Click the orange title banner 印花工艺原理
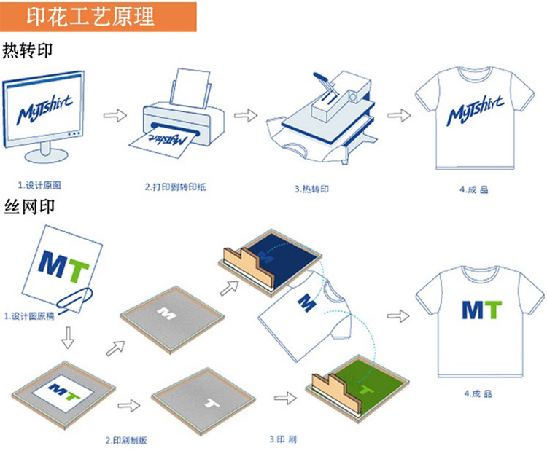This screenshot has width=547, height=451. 98,16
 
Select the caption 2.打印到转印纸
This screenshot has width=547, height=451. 175,188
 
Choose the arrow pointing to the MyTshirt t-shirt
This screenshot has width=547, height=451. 396,116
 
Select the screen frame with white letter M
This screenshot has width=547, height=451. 169,313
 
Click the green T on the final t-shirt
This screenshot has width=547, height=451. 493,310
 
